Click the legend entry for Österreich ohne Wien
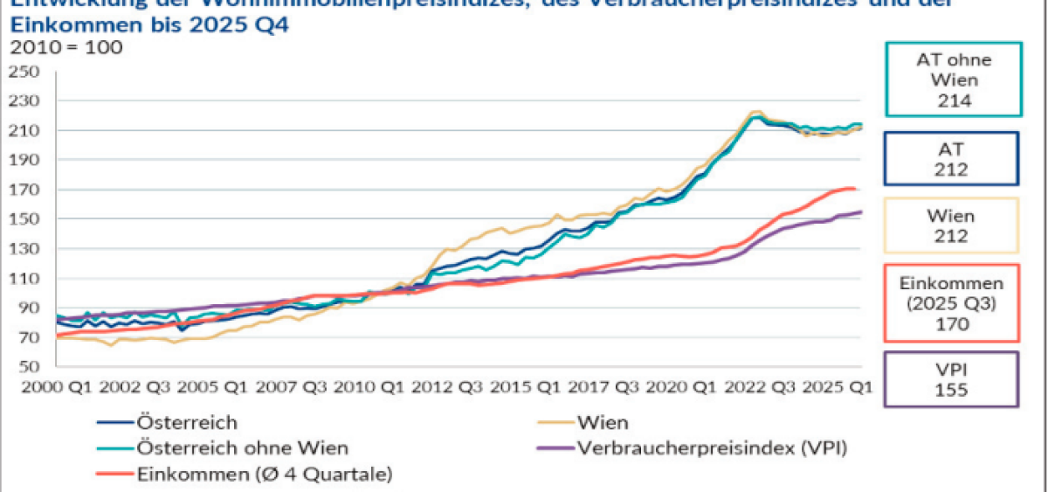(242, 448)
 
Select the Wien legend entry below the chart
(602, 423)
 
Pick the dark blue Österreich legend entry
(187, 423)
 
